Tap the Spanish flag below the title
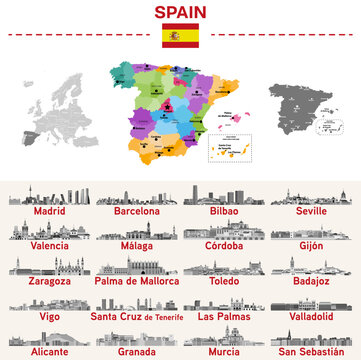[x=180, y=35]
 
